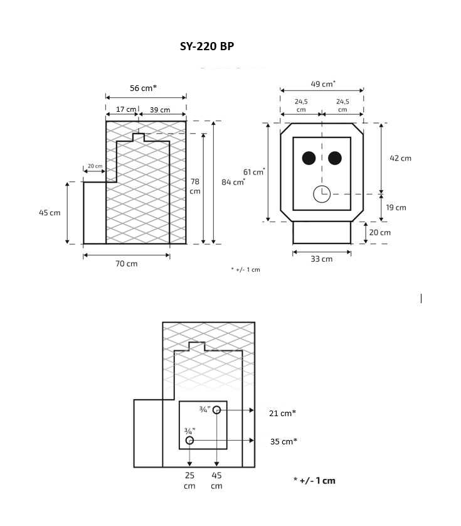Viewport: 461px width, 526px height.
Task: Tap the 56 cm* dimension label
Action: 143,89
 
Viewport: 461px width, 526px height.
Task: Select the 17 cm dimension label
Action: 126,109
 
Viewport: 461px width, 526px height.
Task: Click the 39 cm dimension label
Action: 160,110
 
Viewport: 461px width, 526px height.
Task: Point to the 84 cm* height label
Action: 233,182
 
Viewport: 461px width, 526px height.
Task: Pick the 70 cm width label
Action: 127,264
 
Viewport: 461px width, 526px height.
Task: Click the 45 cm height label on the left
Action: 50,213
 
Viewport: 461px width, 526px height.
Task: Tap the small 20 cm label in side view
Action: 95,166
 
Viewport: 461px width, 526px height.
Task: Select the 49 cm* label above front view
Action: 323,84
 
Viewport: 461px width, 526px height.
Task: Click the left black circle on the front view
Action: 308,158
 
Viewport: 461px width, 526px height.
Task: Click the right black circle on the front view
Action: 335,158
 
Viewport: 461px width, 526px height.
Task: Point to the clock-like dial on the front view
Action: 322,194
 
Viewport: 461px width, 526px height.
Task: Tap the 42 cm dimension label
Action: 400,158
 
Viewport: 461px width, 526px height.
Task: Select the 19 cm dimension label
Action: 396,208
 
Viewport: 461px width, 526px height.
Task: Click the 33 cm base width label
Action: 322,259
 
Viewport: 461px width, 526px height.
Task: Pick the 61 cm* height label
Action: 254,172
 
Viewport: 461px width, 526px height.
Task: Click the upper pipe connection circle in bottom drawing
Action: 216,410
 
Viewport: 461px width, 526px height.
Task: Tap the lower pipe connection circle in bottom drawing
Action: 190,441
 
